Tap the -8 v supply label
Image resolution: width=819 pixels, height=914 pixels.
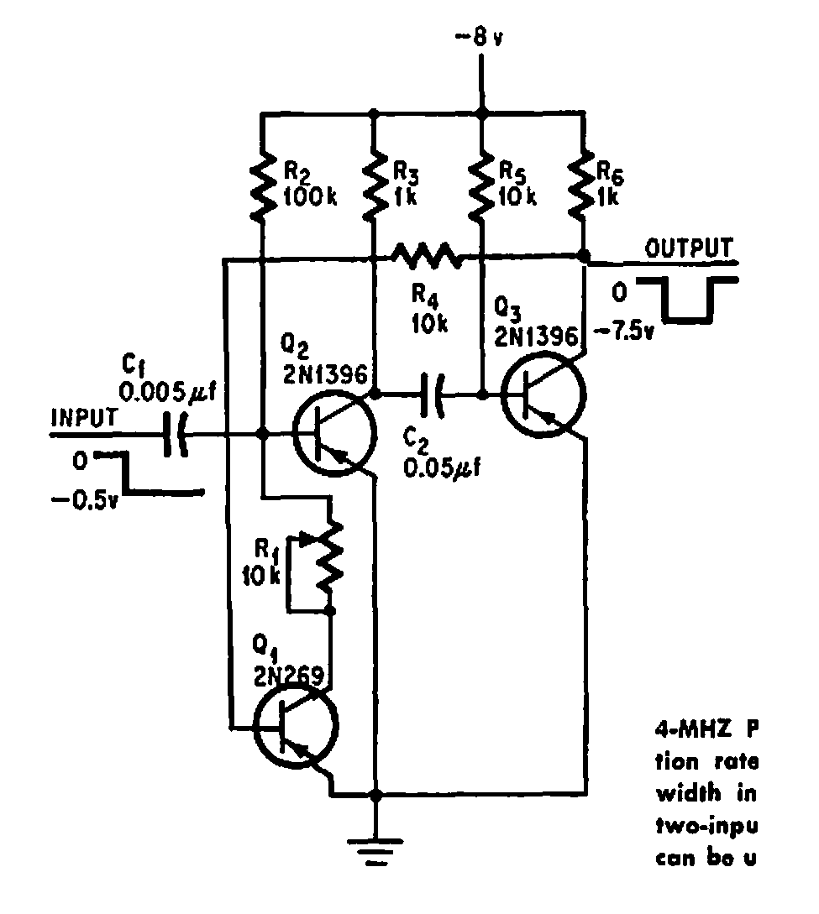[x=480, y=39]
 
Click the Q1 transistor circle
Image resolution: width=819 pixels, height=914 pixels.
[x=297, y=727]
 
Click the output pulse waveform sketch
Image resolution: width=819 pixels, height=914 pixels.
[x=688, y=300]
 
